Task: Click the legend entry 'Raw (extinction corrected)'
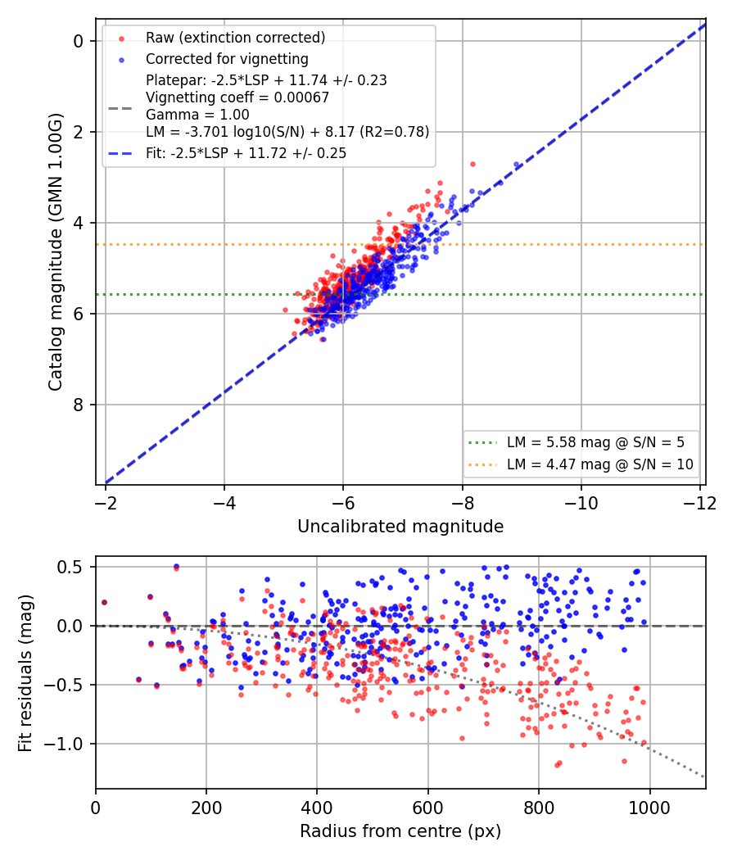click(235, 38)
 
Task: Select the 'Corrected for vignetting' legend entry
click(227, 59)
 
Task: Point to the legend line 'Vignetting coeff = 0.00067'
click(237, 97)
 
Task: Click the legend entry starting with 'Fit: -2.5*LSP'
click(246, 153)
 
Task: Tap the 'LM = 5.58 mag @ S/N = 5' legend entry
click(595, 442)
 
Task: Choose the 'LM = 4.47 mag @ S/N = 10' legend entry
click(600, 464)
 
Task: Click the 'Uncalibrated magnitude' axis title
click(400, 527)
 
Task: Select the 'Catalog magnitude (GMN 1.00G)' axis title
click(55, 252)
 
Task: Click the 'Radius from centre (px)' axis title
click(400, 831)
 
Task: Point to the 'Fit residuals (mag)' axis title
click(25, 673)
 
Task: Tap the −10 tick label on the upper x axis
click(581, 503)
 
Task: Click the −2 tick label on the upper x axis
click(106, 503)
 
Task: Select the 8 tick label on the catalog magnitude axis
click(79, 405)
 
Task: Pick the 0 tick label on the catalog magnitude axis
click(79, 41)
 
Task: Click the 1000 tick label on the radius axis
click(649, 808)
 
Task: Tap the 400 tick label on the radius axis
click(317, 808)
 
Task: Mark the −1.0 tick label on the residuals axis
click(65, 744)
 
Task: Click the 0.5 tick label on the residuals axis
click(71, 567)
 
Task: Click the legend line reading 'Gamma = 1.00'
click(197, 115)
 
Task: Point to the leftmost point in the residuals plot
click(104, 603)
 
